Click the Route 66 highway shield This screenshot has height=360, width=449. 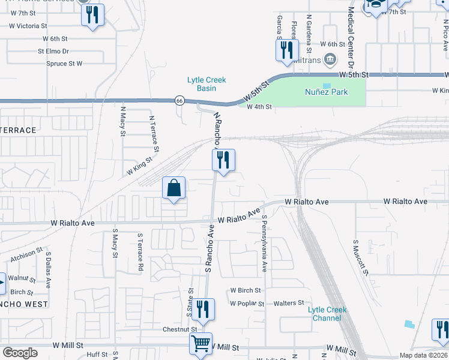(x=179, y=100)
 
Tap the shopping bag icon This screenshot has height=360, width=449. (x=173, y=188)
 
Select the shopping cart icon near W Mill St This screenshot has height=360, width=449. (x=201, y=344)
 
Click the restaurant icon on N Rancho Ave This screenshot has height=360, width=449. (x=223, y=160)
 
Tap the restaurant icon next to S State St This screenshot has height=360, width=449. (x=203, y=309)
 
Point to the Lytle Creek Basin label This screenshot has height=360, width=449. (x=206, y=84)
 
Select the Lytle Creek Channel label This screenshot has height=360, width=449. (x=327, y=314)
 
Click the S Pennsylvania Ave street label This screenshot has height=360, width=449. (x=264, y=244)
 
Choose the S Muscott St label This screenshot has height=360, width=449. (x=360, y=258)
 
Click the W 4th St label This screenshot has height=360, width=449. (x=260, y=107)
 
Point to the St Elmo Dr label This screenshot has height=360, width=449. (x=53, y=52)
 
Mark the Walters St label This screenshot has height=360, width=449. (x=289, y=304)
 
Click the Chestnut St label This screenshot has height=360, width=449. (x=180, y=329)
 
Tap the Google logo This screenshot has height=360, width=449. (x=20, y=352)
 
